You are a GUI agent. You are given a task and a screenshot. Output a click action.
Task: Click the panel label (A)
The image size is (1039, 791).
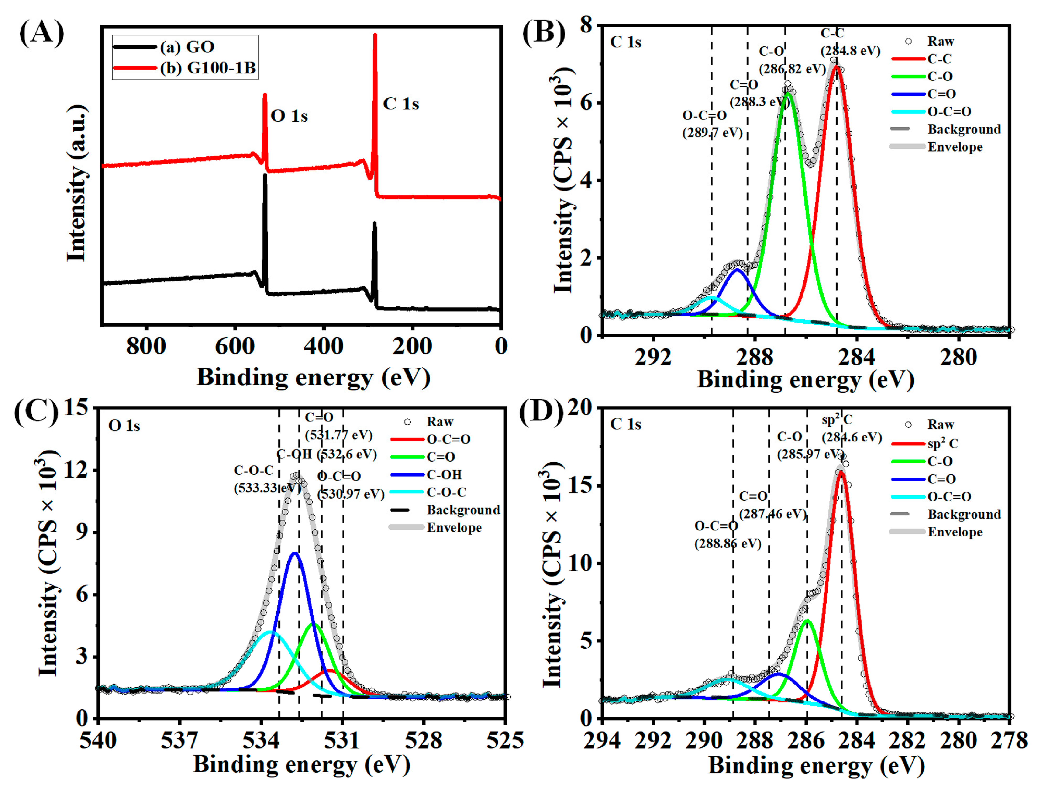(42, 33)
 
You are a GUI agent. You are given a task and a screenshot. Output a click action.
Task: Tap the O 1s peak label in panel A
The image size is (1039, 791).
(289, 116)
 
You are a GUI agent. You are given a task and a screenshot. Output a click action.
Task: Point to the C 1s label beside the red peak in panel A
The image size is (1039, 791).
(400, 104)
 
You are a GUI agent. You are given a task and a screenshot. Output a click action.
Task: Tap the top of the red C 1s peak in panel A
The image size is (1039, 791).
(375, 35)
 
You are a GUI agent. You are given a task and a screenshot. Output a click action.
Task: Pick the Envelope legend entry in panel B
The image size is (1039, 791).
(955, 147)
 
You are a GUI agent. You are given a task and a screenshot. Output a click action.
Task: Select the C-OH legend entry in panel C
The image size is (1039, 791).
(444, 475)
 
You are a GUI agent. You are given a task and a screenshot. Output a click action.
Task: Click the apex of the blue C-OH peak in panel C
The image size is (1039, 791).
(295, 553)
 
